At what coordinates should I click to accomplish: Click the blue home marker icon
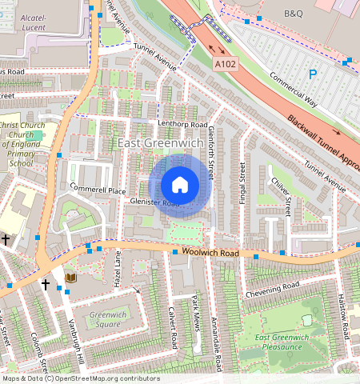180,186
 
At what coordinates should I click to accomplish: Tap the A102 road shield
226,62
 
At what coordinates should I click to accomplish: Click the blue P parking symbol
313,74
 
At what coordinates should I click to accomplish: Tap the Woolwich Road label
211,253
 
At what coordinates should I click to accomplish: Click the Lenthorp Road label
182,125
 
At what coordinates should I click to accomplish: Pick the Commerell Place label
98,190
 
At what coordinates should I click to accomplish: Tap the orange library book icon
70,278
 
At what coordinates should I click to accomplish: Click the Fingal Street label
242,183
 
